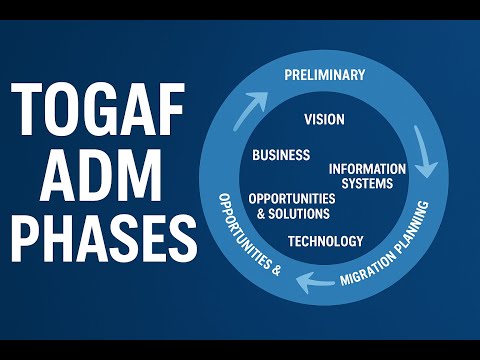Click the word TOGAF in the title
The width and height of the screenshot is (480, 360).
tap(98, 111)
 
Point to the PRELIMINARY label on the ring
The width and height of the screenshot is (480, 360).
tap(325, 75)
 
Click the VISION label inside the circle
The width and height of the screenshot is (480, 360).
tap(324, 119)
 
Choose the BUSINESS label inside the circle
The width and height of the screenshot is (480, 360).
tap(281, 155)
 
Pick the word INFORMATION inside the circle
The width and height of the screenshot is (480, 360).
tap(368, 169)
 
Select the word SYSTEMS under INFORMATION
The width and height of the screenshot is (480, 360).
tap(368, 183)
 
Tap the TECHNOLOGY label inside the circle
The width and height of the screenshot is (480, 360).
tap(325, 241)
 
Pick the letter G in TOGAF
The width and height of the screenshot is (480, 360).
tap(99, 111)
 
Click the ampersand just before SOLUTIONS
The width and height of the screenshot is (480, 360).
tap(262, 213)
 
